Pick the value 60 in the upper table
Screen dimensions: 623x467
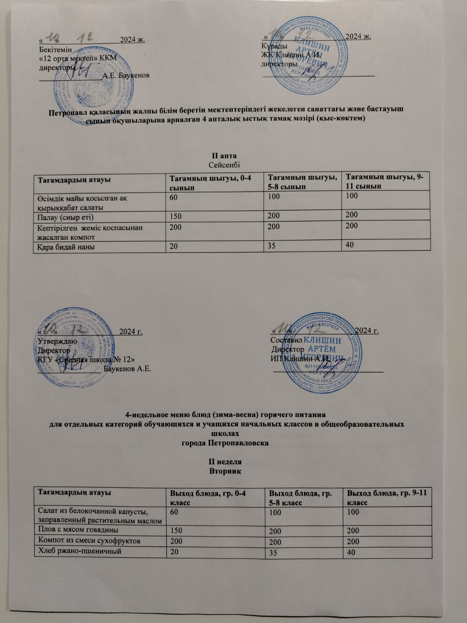[174, 198]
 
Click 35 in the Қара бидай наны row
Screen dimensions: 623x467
[273, 245]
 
